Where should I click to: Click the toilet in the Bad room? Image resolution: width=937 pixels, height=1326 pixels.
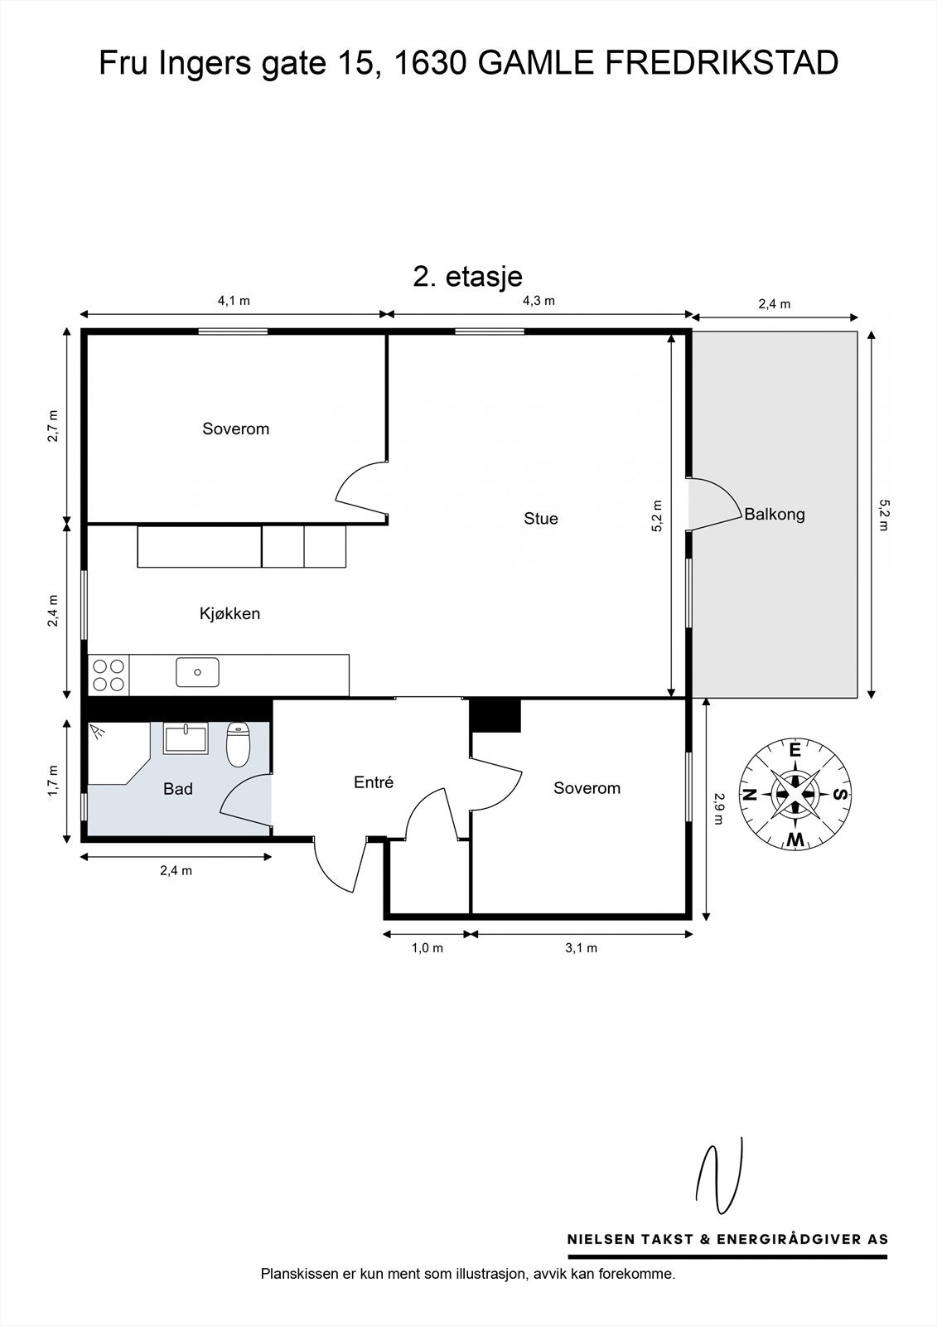click(x=238, y=745)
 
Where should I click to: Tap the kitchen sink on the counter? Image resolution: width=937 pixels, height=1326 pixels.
click(x=198, y=672)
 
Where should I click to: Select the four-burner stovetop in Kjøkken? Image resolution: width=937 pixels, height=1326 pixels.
click(x=109, y=675)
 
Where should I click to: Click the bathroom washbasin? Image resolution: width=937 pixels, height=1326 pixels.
click(x=186, y=739)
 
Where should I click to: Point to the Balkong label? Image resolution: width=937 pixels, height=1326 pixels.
click(x=775, y=515)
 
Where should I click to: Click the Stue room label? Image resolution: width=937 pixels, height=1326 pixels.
click(x=541, y=519)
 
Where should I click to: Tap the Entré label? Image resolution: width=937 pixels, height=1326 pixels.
click(x=374, y=782)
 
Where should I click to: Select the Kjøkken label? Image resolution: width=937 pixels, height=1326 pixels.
click(x=229, y=614)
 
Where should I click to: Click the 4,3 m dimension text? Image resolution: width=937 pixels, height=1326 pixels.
click(x=539, y=301)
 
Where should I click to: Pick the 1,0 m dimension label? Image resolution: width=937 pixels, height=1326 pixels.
click(x=427, y=948)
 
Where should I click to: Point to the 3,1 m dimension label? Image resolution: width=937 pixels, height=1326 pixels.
click(x=582, y=948)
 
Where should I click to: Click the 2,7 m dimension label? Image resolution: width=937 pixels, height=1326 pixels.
click(x=53, y=426)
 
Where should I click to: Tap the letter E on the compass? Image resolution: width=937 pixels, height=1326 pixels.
click(x=795, y=751)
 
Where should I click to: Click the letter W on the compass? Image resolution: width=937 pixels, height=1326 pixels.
click(x=795, y=840)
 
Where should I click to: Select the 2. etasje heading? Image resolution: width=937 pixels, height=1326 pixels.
click(x=467, y=277)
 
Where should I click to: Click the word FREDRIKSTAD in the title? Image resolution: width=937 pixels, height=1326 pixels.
click(x=722, y=63)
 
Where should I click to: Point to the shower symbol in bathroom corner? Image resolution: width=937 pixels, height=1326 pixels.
click(x=97, y=733)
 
